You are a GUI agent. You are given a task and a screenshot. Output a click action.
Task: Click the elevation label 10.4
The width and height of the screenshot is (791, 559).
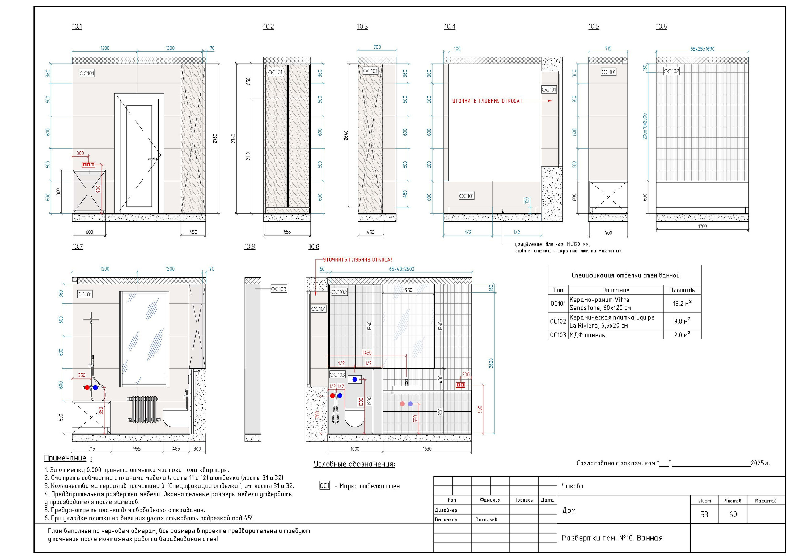point(450,27)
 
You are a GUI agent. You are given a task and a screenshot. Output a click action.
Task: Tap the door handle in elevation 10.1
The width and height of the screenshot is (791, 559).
point(153,159)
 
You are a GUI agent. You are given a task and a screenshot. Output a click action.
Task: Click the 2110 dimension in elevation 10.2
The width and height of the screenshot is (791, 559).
point(249,156)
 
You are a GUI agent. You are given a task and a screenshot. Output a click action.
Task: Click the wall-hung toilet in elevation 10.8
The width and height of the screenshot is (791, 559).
point(354,418)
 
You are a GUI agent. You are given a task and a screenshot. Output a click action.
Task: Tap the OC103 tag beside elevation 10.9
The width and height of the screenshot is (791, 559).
point(279,289)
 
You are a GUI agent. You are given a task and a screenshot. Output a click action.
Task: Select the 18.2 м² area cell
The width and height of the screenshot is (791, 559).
point(682,304)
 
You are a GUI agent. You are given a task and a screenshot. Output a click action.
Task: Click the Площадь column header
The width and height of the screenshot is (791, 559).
point(682,290)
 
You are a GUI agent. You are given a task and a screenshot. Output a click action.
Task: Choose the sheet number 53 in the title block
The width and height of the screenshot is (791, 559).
point(704,514)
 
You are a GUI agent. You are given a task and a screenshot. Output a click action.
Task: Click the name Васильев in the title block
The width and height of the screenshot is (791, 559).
point(486,519)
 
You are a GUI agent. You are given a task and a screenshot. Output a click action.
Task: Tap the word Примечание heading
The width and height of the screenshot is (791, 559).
point(65,458)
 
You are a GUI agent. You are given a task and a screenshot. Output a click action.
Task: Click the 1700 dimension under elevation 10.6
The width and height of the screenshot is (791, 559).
point(702,226)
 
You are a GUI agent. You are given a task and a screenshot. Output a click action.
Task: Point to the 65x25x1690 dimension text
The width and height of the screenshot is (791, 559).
point(702,49)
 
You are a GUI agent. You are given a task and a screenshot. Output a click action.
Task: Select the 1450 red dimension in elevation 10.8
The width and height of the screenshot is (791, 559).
point(367,352)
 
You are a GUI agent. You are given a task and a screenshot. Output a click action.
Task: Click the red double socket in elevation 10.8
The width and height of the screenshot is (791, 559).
point(461,385)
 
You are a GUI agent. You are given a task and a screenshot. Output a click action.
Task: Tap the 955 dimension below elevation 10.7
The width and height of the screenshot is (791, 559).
point(137,448)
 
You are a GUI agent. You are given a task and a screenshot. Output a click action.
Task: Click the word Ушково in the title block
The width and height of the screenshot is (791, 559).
point(573,486)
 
